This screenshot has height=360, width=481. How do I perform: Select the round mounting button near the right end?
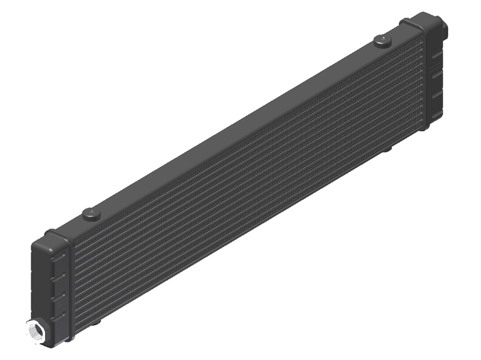point(381,40)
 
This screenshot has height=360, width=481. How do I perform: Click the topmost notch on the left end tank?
point(59,257)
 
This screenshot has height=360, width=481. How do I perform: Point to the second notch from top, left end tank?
point(59,276)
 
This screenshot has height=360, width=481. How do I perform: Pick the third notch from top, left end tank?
point(59,296)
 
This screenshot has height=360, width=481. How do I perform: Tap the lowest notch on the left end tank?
point(59,316)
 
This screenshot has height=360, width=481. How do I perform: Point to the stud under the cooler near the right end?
point(387,148)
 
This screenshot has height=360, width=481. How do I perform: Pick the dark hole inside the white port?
point(32,331)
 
